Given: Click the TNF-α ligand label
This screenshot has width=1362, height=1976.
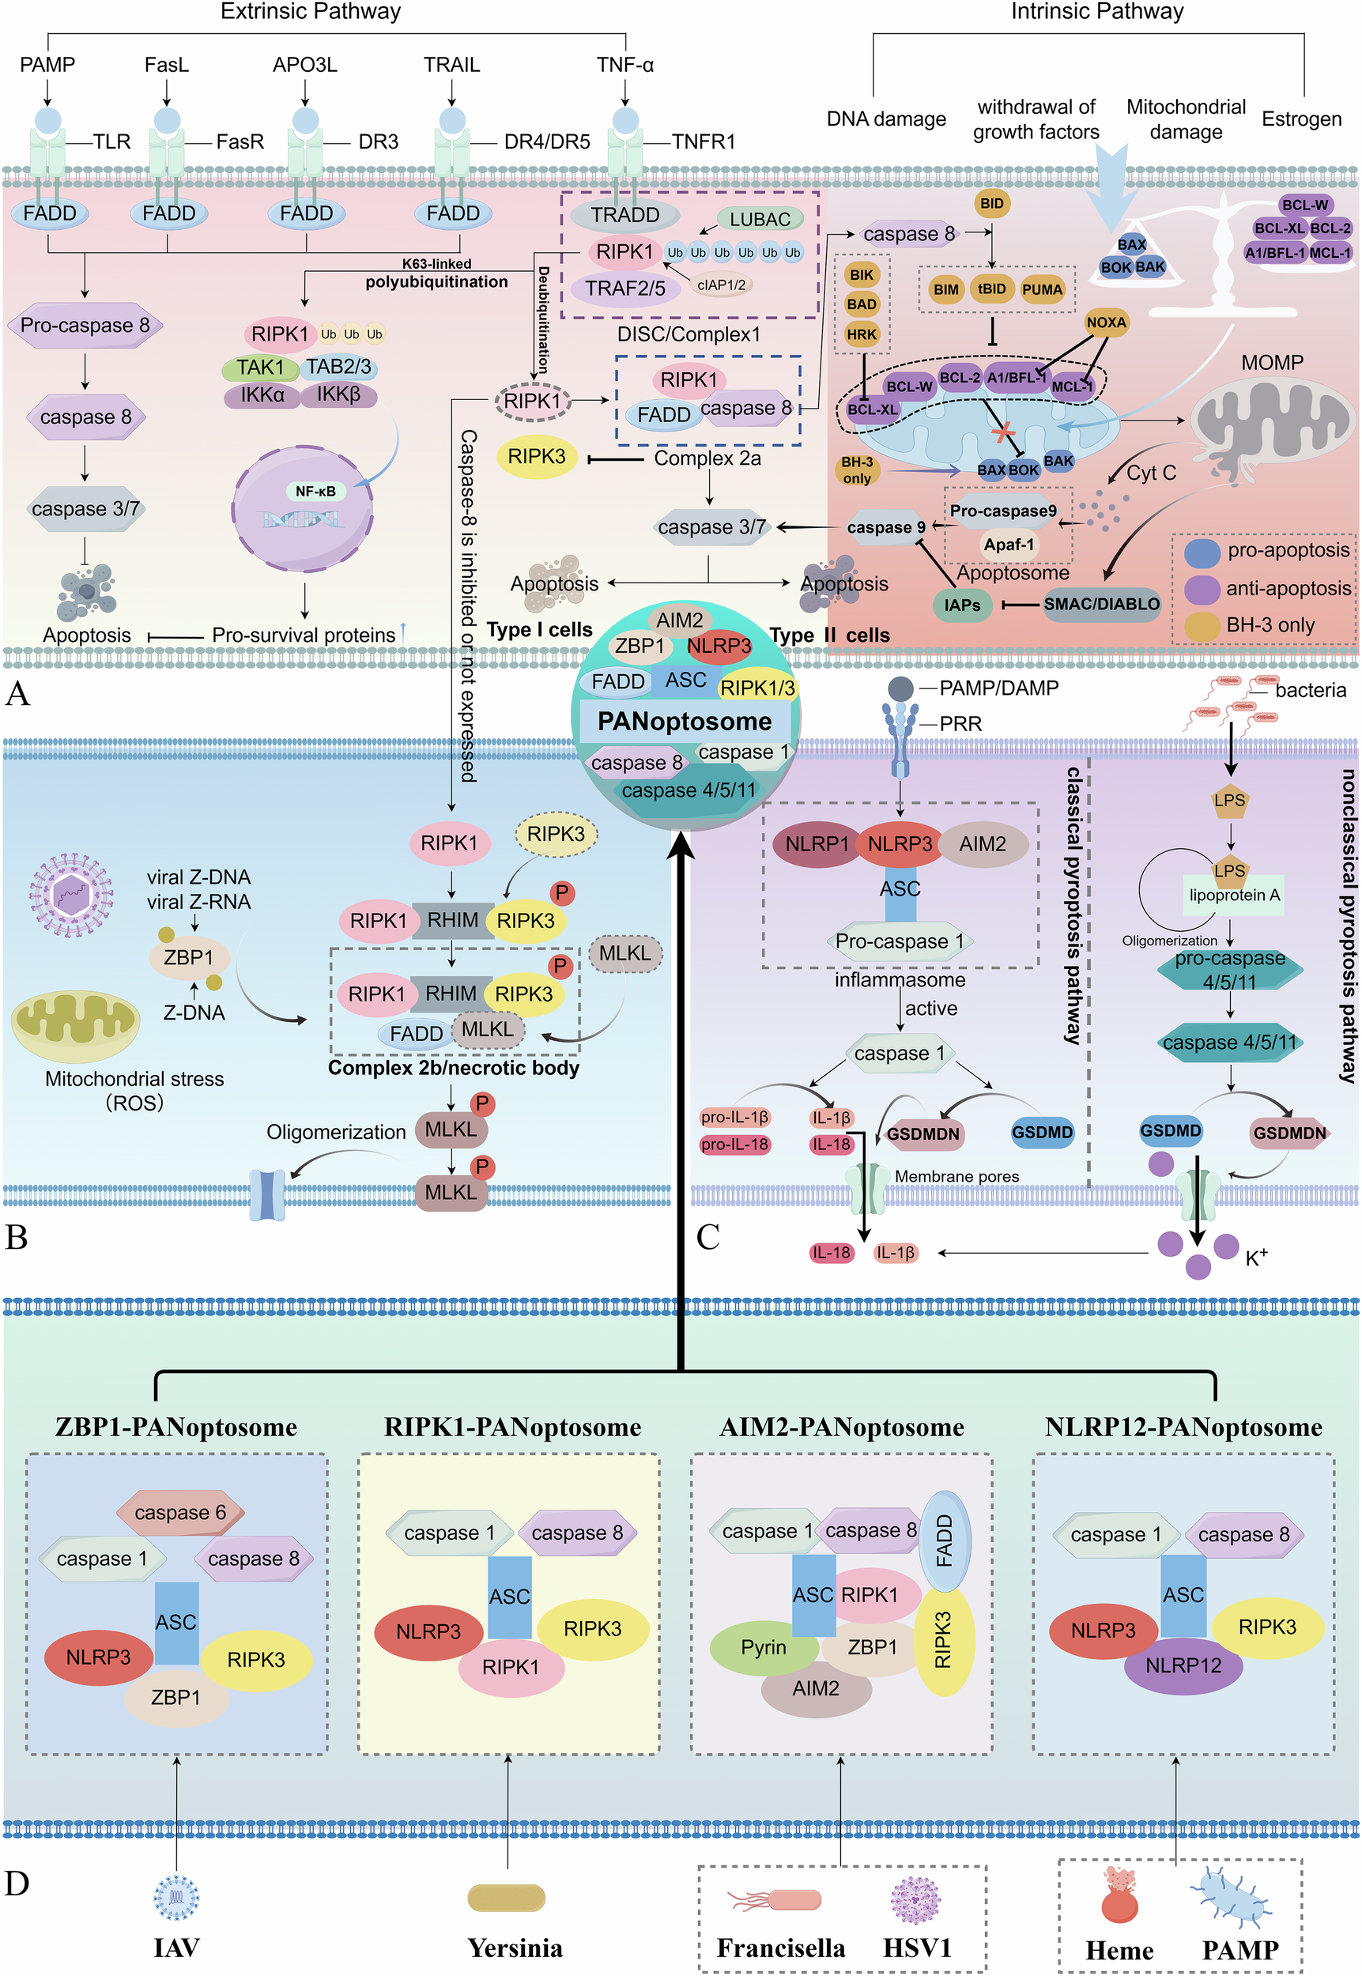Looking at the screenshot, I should click(624, 65).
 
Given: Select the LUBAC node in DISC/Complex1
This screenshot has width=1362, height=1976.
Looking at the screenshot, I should click(760, 219).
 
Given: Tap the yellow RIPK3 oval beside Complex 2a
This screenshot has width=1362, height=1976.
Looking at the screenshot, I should click(536, 457).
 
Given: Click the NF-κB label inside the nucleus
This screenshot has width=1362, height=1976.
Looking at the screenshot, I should click(315, 492).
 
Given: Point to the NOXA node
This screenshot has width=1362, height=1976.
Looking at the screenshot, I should click(1106, 322).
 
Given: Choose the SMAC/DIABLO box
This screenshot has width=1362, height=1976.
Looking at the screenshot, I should click(1101, 604).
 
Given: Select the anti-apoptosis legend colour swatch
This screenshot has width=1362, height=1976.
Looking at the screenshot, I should click(1202, 589).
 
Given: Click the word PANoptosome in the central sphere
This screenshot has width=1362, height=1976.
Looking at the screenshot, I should click(685, 722).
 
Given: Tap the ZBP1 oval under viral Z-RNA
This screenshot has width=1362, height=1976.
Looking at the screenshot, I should click(189, 957).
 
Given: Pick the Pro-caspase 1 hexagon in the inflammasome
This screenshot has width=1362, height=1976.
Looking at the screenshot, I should click(900, 941).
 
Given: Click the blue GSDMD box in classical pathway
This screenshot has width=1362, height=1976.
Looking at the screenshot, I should click(1042, 1132).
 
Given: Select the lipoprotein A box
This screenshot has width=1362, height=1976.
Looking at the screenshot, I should click(1234, 895).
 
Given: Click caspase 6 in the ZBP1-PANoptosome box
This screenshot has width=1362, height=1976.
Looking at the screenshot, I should click(180, 1513).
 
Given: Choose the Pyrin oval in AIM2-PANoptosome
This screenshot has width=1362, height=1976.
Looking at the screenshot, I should click(763, 1646).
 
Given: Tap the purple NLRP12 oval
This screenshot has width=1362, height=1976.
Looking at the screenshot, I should click(1183, 1665).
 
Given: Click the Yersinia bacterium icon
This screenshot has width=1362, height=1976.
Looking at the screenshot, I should click(506, 1898).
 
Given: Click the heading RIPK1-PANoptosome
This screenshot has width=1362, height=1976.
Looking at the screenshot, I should click(512, 1427).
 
